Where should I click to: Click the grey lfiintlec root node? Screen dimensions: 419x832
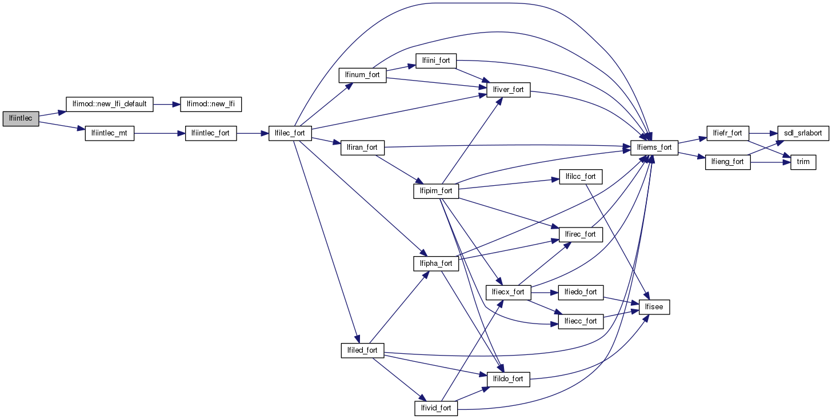[21, 119]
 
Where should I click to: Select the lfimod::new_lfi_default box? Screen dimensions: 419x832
[110, 105]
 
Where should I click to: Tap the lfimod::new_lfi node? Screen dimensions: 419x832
[211, 105]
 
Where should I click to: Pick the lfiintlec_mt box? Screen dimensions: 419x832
[109, 134]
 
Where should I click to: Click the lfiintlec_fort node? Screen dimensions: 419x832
[211, 134]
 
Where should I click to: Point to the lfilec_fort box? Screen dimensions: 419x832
[290, 134]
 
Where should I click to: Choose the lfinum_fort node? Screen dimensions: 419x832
[363, 75]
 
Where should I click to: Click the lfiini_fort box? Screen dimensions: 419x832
[436, 61]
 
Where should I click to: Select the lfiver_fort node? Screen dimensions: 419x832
[508, 90]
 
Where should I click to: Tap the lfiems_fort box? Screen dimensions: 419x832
[654, 148]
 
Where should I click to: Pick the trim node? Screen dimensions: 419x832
[803, 162]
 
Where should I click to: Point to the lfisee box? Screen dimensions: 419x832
[654, 307]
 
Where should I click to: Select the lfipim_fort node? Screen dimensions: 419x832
[436, 191]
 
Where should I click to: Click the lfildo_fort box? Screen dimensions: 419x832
[508, 379]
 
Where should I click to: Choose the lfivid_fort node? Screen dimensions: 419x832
[436, 408]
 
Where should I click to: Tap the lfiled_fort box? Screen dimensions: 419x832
[363, 350]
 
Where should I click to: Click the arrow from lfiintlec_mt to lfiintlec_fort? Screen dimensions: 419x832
[159, 134]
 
